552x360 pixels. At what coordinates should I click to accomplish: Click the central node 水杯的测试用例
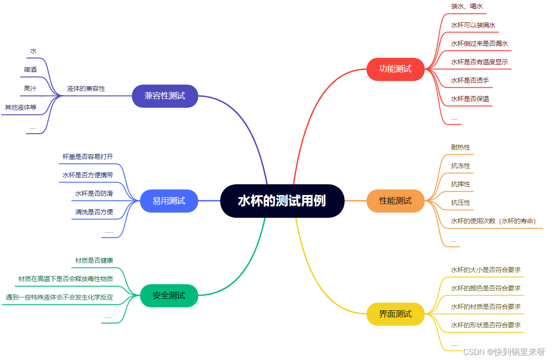point(282,201)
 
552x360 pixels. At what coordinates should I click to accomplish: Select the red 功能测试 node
point(395,69)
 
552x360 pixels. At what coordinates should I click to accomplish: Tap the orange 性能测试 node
point(395,201)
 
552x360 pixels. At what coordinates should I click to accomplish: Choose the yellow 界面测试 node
point(395,314)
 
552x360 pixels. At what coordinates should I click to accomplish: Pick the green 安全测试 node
point(169,295)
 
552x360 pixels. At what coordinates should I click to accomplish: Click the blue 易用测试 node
point(169,201)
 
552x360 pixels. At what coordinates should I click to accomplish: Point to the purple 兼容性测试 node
point(165,96)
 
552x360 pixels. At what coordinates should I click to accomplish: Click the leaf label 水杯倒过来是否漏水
point(480,44)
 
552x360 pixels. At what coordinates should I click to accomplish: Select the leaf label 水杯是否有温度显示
point(480,62)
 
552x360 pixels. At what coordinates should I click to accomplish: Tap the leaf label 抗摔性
point(461,184)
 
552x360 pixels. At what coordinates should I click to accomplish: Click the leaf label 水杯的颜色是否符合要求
point(486,288)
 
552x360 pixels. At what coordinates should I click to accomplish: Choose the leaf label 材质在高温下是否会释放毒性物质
point(66,279)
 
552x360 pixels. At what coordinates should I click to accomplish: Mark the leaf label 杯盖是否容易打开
point(88,157)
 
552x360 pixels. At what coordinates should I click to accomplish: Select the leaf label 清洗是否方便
point(94,212)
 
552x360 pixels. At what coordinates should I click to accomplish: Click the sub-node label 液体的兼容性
point(86,89)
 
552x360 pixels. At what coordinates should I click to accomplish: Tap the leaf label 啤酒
point(30,70)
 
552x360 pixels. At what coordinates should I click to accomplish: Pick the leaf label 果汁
point(30,89)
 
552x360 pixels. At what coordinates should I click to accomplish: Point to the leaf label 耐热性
point(461,147)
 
